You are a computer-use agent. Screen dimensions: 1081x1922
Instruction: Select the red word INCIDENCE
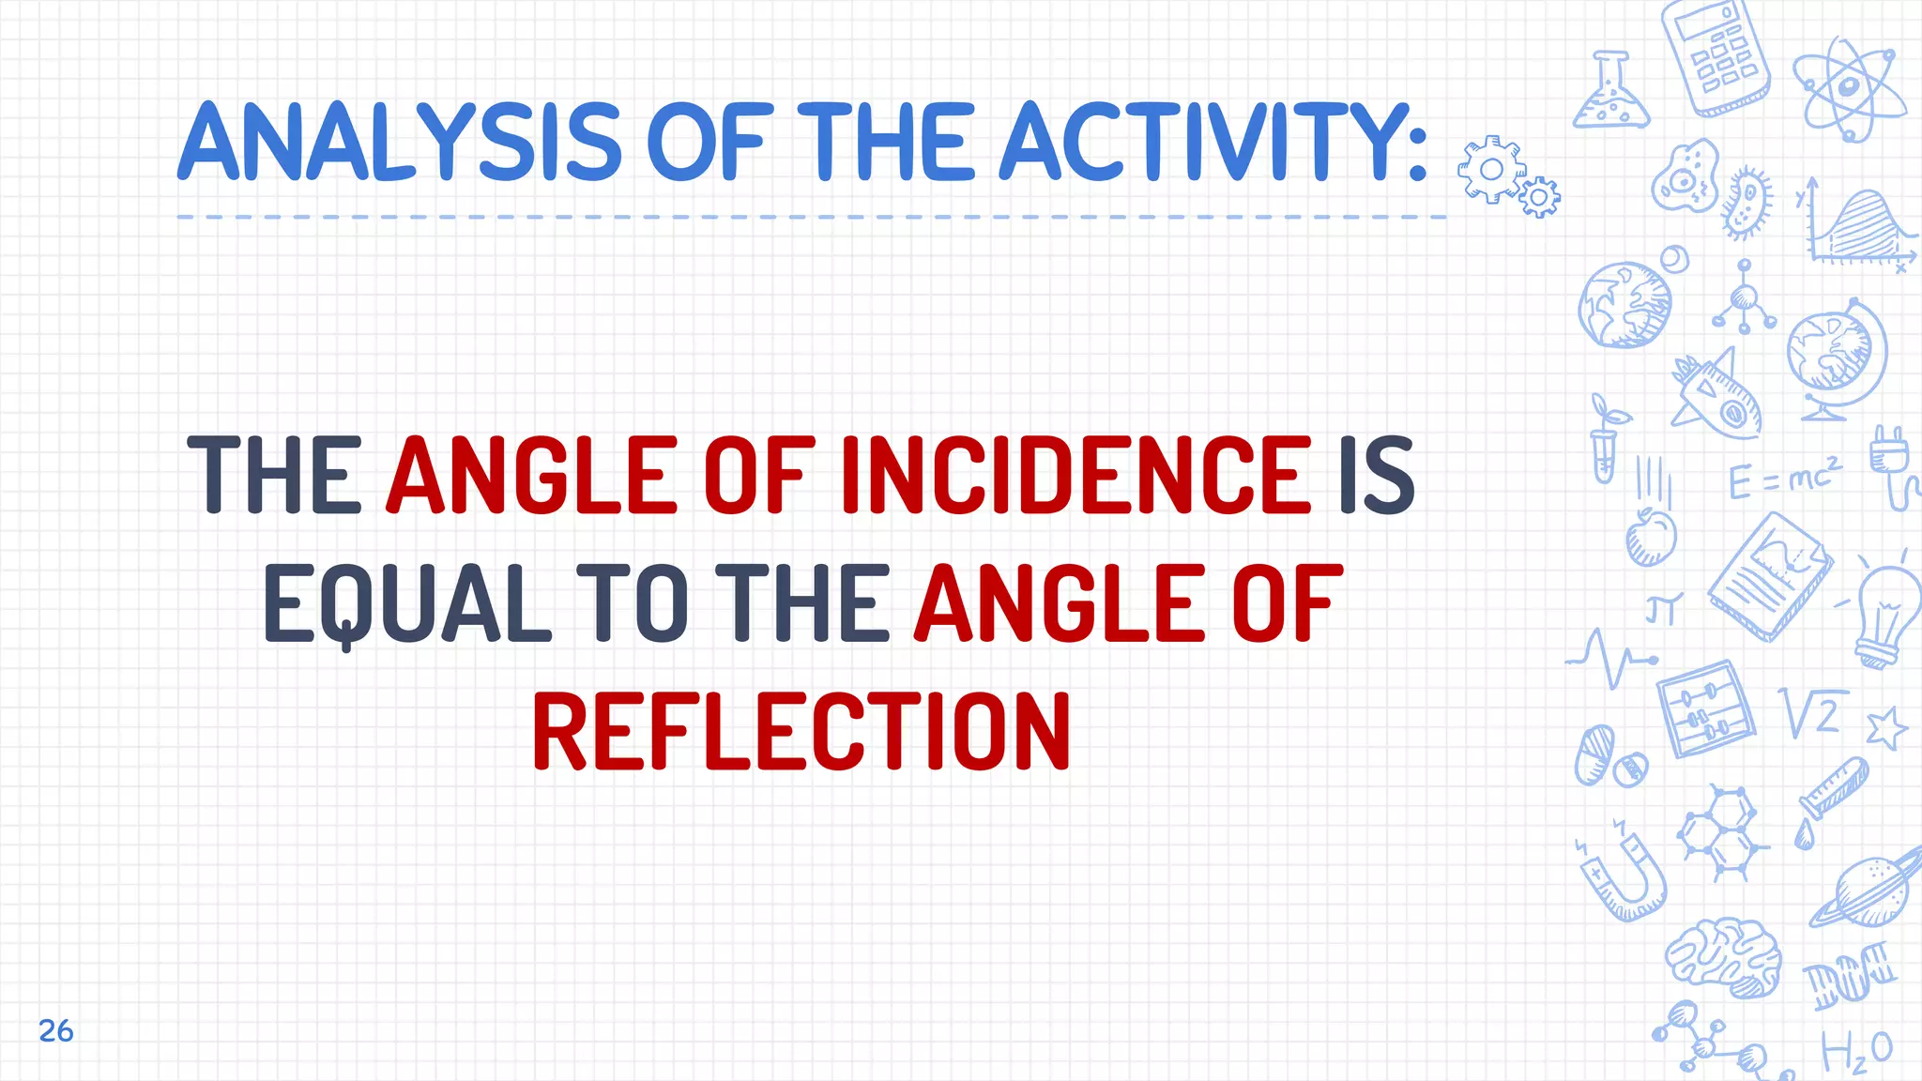pos(1075,476)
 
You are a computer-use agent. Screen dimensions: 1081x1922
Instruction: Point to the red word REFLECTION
pos(801,732)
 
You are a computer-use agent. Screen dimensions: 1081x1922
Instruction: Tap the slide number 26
pos(56,1030)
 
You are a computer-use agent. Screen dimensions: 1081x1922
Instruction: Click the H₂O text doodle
pos(1856,1051)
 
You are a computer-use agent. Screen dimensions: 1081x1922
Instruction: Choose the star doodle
pos(1886,728)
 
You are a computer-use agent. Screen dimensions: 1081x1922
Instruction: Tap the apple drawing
pos(1650,537)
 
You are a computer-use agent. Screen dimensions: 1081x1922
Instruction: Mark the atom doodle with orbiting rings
pos(1849,89)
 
